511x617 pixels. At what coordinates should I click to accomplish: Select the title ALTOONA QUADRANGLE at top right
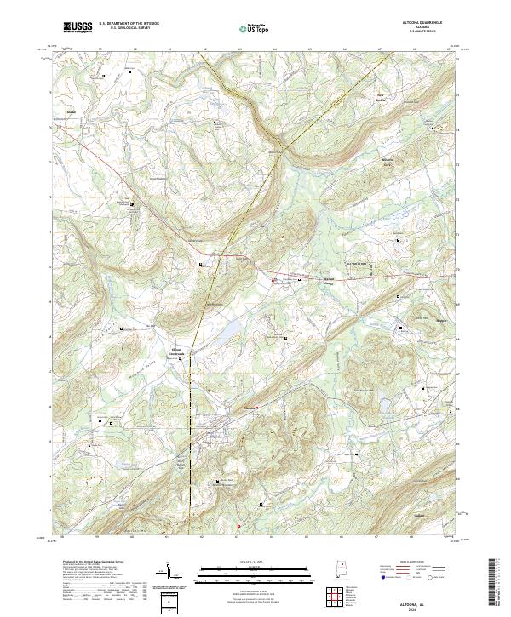pyautogui.click(x=425, y=23)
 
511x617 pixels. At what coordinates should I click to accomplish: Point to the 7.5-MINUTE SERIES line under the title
pyautogui.click(x=425, y=31)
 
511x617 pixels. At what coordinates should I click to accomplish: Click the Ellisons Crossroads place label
pyautogui.click(x=176, y=351)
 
